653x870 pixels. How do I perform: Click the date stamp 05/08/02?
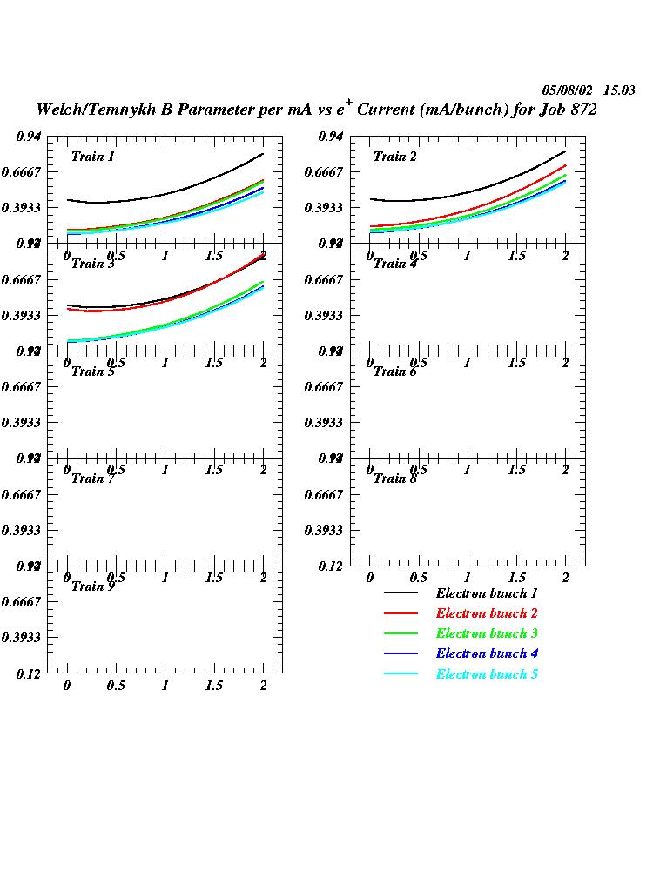tap(568, 90)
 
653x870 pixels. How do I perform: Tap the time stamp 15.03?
tap(619, 90)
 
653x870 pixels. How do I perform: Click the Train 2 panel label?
tap(395, 157)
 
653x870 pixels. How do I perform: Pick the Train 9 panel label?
tap(93, 586)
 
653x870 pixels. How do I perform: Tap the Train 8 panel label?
tap(395, 478)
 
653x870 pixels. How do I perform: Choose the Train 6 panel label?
tap(395, 371)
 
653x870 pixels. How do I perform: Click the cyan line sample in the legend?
tap(401, 674)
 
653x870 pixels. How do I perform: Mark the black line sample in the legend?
tap(401, 593)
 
